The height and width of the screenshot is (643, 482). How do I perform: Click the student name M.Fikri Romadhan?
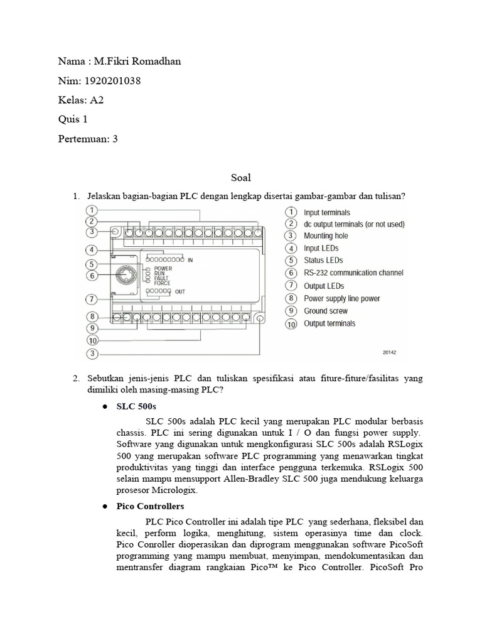[x=136, y=61]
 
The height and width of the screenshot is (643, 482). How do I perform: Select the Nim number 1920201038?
[x=110, y=80]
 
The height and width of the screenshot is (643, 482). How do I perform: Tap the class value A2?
[x=96, y=100]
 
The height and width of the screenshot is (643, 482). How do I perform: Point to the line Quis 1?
[x=73, y=119]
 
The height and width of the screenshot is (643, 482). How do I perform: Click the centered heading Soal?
[x=240, y=178]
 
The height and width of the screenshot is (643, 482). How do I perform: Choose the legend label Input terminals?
[x=327, y=213]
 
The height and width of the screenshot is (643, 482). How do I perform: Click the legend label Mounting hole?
[x=326, y=236]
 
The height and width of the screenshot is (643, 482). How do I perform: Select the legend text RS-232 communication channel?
[x=353, y=273]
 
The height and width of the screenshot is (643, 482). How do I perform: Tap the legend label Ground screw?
[x=325, y=311]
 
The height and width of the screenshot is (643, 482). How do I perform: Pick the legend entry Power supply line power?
[x=342, y=298]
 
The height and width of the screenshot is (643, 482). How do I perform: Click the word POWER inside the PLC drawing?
[x=163, y=268]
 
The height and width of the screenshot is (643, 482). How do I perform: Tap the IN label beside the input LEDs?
[x=191, y=259]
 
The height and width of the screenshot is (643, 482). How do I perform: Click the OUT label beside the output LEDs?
[x=180, y=291]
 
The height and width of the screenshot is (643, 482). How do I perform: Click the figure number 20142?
[x=391, y=352]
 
